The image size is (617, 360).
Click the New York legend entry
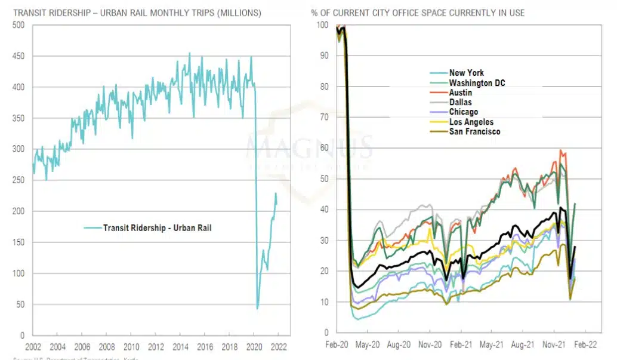click(x=467, y=73)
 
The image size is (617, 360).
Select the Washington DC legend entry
click(x=477, y=83)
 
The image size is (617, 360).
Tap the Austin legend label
click(x=460, y=93)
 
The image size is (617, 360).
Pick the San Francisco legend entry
click(x=474, y=131)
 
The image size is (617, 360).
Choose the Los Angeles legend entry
click(x=471, y=122)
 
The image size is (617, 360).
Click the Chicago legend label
click(x=463, y=112)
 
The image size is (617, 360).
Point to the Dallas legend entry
click(x=460, y=103)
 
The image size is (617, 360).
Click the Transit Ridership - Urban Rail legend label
click(x=157, y=227)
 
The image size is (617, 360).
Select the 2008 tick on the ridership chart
click(x=107, y=347)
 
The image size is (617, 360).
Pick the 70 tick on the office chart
click(x=324, y=117)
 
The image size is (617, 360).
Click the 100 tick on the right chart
click(x=322, y=25)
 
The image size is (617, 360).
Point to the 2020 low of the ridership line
click(x=258, y=308)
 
